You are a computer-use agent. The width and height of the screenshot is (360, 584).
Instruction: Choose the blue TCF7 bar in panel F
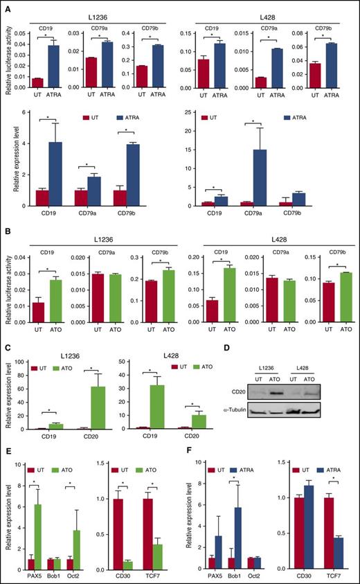point(334,544)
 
